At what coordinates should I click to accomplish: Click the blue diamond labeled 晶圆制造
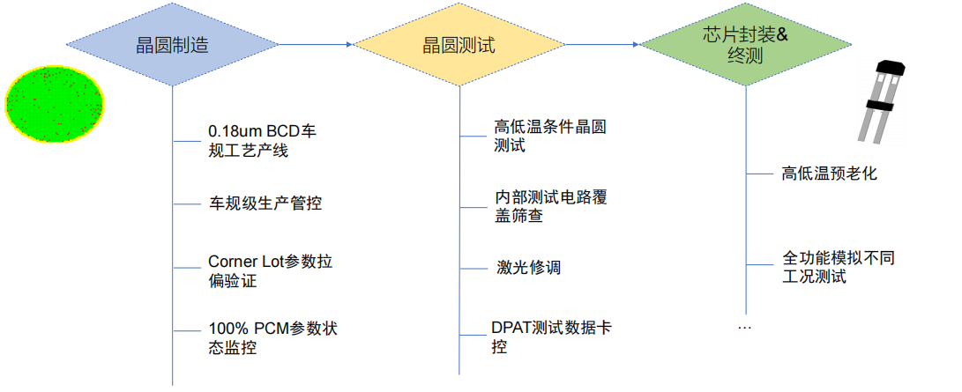coord(172,44)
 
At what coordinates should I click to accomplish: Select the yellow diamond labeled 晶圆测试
coord(459,44)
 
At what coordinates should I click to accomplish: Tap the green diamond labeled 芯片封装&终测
coord(745,44)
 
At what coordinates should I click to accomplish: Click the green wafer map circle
coord(55,107)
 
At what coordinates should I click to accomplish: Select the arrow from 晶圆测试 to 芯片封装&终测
coord(602,44)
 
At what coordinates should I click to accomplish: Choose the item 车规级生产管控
coord(265,203)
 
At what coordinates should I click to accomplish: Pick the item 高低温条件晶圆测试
coord(550,136)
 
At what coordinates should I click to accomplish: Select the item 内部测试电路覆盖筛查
coord(550,206)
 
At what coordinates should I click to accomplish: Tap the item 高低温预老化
coord(829,174)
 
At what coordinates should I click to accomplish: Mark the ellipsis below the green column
coord(744,328)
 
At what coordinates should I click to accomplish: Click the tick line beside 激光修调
coord(473,267)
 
